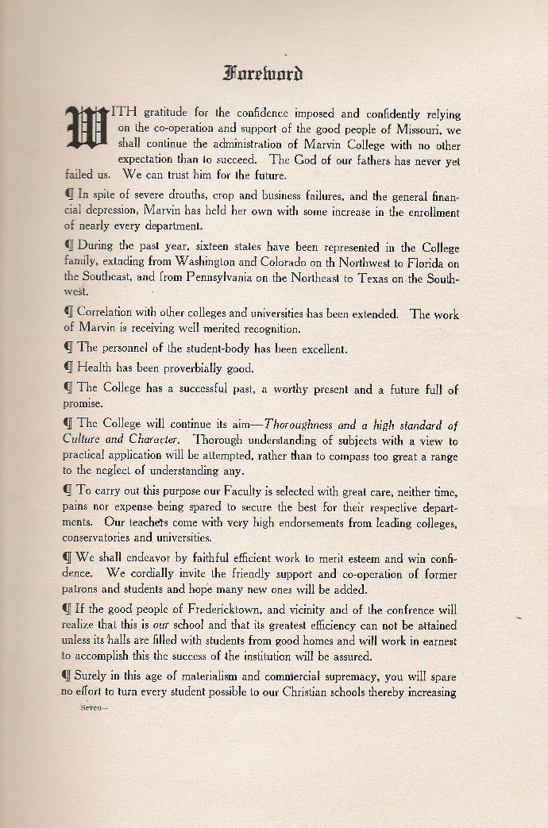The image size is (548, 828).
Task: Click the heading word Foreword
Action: click(x=263, y=75)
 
